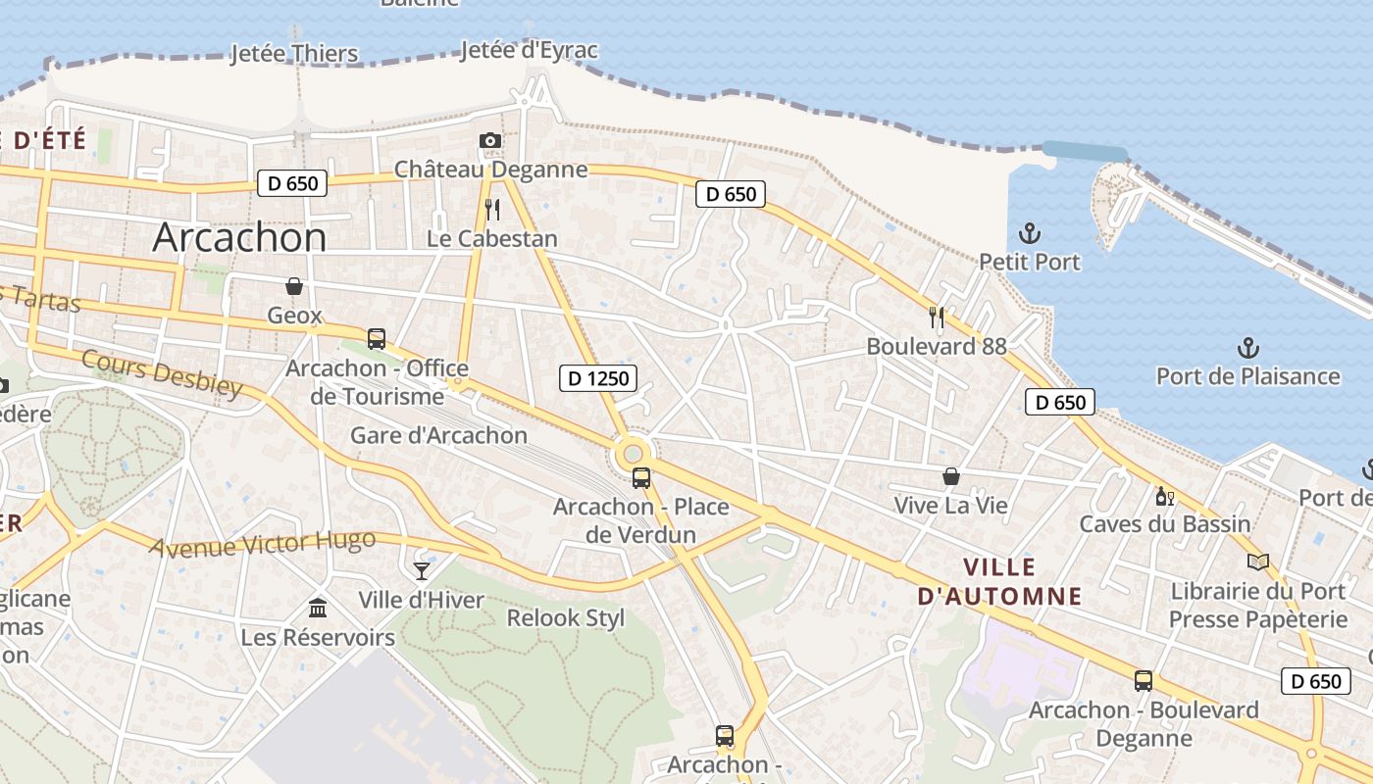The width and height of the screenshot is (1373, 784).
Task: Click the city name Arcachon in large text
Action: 240,238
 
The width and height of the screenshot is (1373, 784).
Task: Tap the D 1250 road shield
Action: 598,378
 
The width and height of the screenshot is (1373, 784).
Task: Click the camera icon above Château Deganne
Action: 490,141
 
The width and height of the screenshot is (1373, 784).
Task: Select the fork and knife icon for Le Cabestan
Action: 492,209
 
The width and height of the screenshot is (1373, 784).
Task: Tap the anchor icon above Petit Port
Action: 1030,233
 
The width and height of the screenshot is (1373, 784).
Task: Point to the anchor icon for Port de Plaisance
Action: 1247,347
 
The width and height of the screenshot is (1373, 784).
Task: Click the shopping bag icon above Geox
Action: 293,286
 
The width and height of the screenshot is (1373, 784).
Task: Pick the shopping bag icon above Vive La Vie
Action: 950,476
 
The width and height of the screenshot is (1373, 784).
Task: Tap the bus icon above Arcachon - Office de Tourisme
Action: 377,339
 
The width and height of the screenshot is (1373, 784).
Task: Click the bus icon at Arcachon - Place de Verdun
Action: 641,478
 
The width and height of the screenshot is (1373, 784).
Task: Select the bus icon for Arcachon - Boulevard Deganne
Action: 1144,680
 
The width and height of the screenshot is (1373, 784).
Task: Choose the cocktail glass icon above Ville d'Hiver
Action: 422,570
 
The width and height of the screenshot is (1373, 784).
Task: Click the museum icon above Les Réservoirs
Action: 318,609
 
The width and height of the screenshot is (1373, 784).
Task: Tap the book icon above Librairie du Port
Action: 1257,562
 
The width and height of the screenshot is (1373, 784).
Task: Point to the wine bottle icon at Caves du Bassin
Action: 1165,496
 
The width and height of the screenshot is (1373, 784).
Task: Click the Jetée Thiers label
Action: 294,53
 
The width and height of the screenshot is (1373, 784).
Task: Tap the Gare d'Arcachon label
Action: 439,435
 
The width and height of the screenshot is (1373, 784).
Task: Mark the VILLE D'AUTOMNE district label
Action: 1000,581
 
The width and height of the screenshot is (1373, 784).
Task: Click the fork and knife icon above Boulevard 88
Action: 937,317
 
